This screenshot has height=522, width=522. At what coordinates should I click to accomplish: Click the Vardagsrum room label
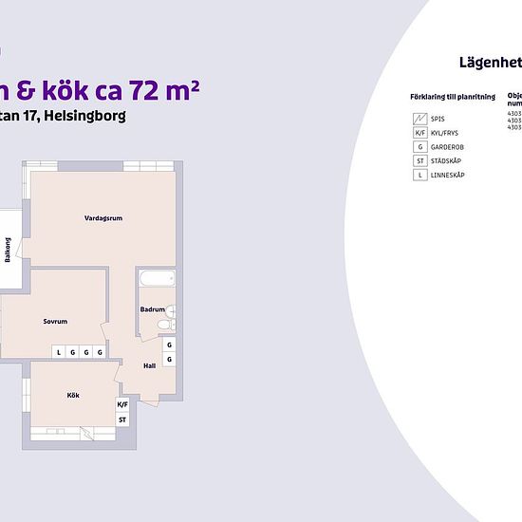pyautogui.click(x=103, y=218)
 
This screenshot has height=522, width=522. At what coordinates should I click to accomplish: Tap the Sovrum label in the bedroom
pyautogui.click(x=55, y=322)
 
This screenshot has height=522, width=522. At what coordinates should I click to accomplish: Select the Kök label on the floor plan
pyautogui.click(x=73, y=395)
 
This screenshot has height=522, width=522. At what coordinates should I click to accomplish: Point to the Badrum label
pyautogui.click(x=152, y=309)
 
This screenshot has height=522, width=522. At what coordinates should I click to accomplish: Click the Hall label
pyautogui.click(x=149, y=365)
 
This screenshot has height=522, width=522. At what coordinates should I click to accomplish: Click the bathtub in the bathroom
pyautogui.click(x=157, y=279)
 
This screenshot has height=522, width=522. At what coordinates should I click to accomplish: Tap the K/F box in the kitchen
pyautogui.click(x=122, y=404)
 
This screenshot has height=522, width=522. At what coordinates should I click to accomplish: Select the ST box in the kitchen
pyautogui.click(x=122, y=419)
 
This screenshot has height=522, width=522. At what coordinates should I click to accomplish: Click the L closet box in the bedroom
pyautogui.click(x=59, y=352)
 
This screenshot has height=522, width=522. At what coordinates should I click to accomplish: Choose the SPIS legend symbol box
pyautogui.click(x=419, y=119)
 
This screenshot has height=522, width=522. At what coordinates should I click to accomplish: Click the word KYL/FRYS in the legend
pyautogui.click(x=446, y=133)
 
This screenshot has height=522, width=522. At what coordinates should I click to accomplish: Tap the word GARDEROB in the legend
pyautogui.click(x=447, y=147)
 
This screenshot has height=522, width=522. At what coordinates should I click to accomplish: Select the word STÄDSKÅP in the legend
pyautogui.click(x=447, y=161)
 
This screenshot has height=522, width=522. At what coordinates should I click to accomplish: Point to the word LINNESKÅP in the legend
pyautogui.click(x=448, y=176)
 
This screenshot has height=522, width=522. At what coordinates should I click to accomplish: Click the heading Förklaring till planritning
pyautogui.click(x=451, y=98)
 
